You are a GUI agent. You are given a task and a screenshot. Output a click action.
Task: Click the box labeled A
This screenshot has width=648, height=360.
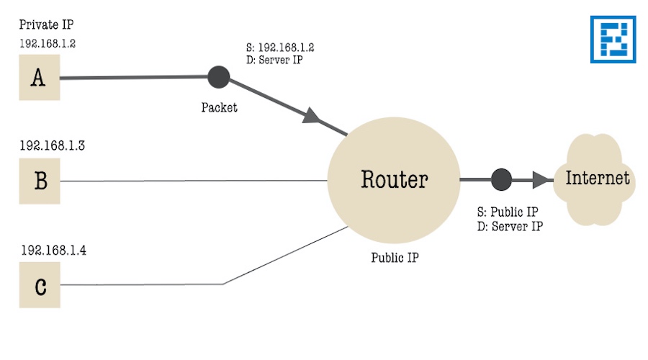pos(39,78)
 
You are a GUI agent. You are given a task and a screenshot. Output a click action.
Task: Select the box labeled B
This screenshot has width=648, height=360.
pos(40,181)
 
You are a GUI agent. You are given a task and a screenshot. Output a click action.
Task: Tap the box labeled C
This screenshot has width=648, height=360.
pos(40,286)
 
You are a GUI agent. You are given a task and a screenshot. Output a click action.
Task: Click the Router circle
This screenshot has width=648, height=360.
pos(393,179)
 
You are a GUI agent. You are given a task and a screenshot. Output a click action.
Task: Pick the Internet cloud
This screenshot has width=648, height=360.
pos(597,179)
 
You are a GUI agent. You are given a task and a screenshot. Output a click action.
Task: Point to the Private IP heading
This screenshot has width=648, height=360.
pos(46,24)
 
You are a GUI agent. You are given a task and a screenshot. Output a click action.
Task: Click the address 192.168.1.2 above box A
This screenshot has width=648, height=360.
pos(48,43)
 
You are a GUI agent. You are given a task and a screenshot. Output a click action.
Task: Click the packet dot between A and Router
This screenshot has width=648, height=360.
pos(218,76)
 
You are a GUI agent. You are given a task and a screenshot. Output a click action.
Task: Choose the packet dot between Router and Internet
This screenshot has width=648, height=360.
pos(501,179)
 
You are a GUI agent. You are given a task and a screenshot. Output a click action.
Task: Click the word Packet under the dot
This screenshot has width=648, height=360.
pos(219,108)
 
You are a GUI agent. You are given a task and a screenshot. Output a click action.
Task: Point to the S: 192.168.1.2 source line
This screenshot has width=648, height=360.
pos(280,48)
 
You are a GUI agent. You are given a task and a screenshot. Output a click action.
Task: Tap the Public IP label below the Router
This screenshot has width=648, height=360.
pos(394,257)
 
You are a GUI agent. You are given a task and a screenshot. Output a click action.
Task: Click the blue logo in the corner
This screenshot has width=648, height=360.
pos(613,40)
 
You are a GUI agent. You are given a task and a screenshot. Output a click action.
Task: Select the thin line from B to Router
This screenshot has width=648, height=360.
pos(194,181)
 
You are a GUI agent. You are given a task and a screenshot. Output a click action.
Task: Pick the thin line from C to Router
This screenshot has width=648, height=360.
pos(144,284)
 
